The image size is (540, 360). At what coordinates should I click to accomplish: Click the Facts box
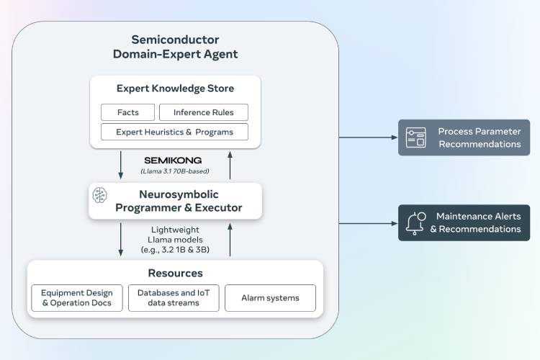point(128,112)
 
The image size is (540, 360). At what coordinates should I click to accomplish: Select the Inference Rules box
point(204,112)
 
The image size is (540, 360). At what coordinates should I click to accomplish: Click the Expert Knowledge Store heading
point(175,89)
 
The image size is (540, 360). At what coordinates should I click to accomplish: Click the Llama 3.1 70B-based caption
point(175,172)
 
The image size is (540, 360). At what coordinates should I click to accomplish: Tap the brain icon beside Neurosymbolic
point(100,194)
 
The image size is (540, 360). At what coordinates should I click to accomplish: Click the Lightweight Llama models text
point(175,239)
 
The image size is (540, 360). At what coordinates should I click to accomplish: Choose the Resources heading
point(175,273)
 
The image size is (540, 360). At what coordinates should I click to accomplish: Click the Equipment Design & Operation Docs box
point(76,297)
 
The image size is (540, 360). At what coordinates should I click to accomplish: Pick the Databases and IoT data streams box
point(174,297)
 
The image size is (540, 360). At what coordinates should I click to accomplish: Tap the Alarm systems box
point(270,297)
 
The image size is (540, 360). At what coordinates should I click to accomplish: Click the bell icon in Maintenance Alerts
point(415,222)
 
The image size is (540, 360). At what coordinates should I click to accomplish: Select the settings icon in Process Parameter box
point(415,138)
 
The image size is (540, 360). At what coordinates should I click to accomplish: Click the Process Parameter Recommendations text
point(479,138)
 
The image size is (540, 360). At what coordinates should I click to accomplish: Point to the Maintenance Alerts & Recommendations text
point(475,222)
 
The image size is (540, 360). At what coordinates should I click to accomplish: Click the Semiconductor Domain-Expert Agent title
point(175,47)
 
